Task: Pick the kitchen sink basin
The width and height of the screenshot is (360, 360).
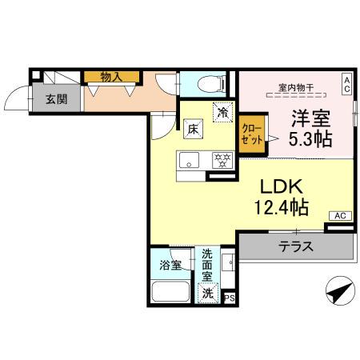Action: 190,158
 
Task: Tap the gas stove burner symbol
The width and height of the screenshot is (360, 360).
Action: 221,158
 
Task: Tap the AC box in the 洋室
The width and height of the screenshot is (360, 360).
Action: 347,83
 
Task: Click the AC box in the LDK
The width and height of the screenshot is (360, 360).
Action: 339,215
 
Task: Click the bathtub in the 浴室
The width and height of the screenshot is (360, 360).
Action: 170,290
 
